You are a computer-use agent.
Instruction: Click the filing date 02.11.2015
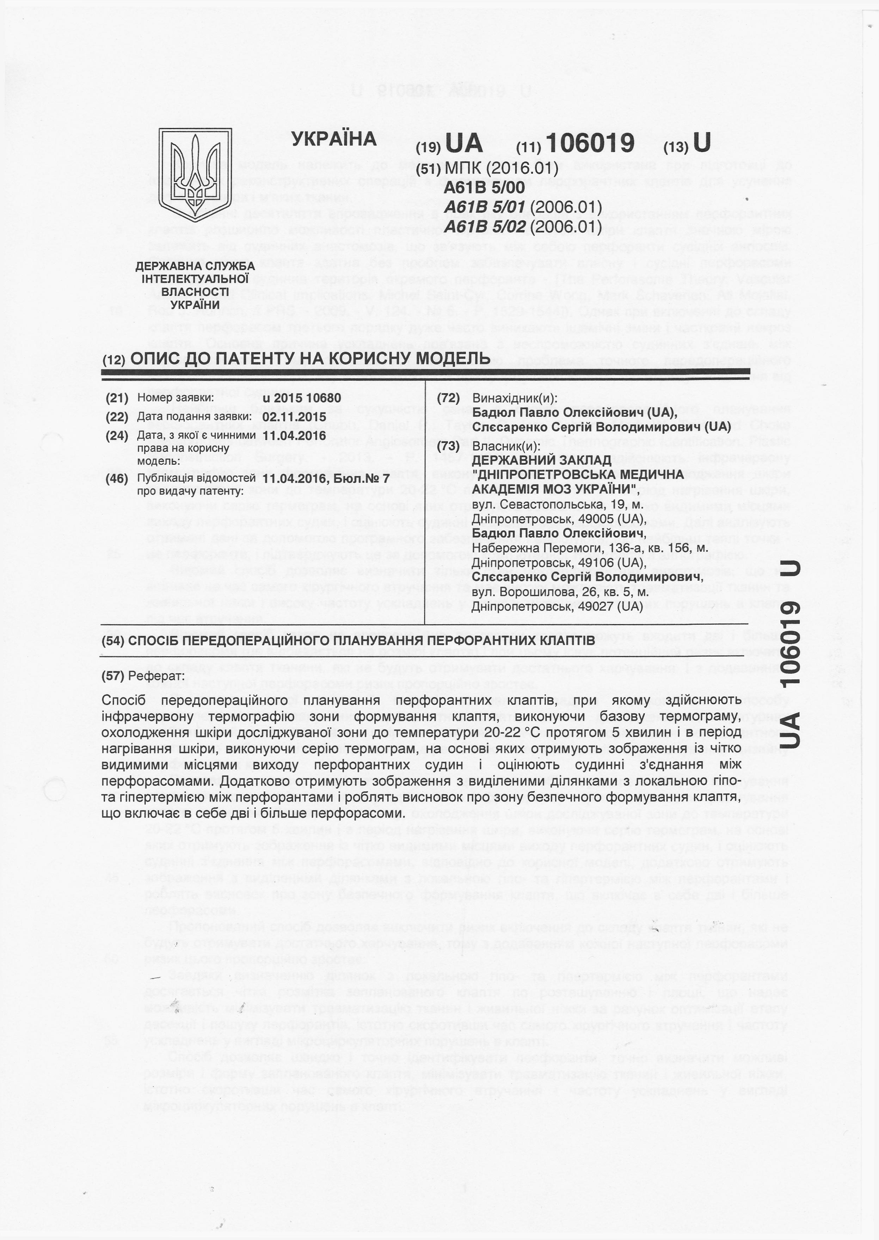click(294, 417)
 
